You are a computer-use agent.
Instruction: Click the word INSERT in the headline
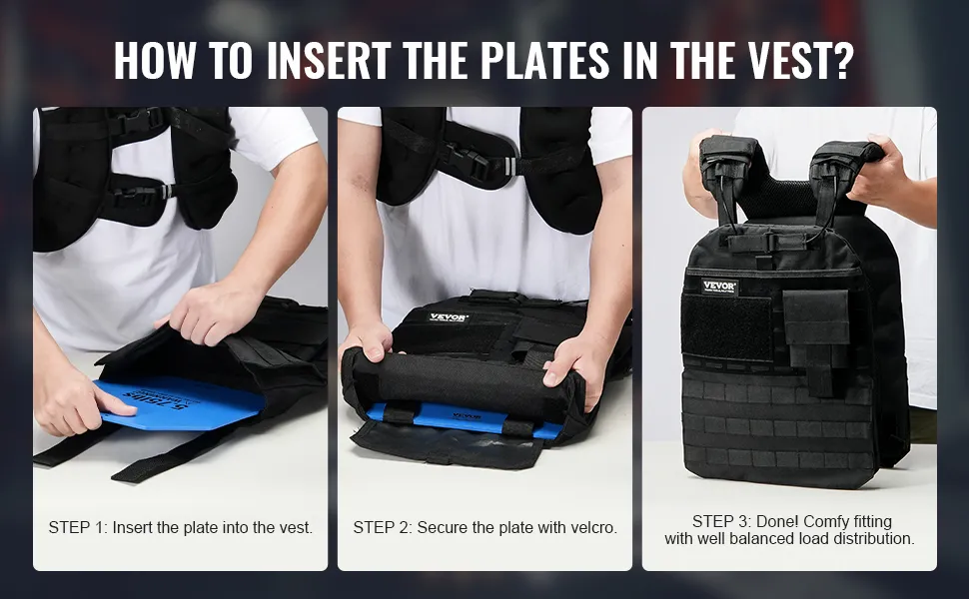[x=328, y=60]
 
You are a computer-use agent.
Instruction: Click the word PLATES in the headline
[x=545, y=60]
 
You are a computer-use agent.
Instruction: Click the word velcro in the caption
[x=593, y=528]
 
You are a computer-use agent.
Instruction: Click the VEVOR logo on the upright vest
[x=719, y=287]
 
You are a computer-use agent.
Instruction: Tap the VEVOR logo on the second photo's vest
[x=450, y=318]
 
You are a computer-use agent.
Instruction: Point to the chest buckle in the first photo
[x=137, y=120]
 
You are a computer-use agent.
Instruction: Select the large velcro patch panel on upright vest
[x=727, y=327]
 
